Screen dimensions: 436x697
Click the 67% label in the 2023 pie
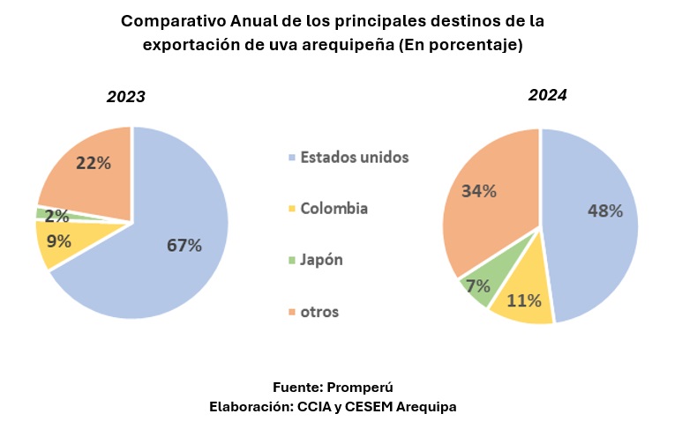coord(184,246)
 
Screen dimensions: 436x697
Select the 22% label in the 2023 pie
coord(93,163)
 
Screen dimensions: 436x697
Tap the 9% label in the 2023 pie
coord(59,240)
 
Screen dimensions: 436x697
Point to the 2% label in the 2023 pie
coord(56,216)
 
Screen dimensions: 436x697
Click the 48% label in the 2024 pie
coord(605,211)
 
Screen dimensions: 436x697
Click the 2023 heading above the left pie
coord(126,97)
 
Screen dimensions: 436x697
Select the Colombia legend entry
coord(334,209)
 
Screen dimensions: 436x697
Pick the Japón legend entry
coord(322,260)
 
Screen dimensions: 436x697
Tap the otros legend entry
coord(319,312)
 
